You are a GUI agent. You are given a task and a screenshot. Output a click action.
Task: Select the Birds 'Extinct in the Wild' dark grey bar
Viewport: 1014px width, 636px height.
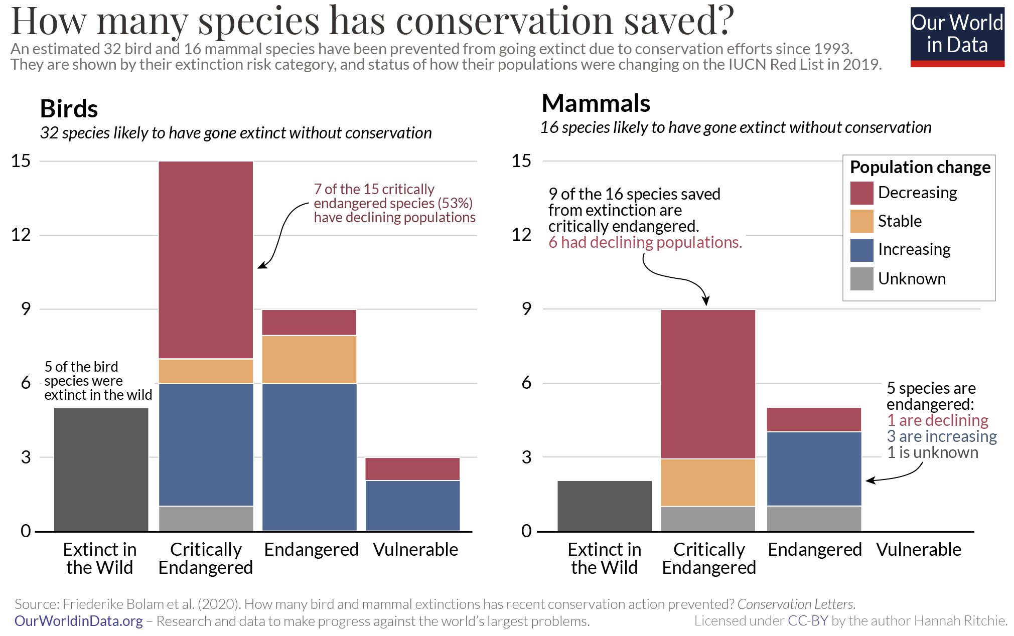pos(101,469)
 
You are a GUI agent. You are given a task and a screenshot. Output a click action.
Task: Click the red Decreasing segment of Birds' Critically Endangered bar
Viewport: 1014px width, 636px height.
pos(206,259)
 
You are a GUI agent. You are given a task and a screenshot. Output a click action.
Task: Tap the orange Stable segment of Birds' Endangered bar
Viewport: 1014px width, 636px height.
pos(309,359)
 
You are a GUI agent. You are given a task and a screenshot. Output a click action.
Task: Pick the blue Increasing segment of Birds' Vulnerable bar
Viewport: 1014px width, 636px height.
pos(412,505)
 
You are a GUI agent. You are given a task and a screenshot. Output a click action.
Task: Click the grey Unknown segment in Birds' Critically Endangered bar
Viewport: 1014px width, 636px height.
pos(206,518)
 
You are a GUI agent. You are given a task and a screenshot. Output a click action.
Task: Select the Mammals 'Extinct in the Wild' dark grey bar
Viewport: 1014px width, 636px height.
pos(604,506)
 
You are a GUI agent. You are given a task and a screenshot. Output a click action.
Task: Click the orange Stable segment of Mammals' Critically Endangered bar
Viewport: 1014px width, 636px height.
pos(707,482)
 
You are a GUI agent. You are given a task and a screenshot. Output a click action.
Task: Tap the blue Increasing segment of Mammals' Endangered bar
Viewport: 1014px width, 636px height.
pos(814,468)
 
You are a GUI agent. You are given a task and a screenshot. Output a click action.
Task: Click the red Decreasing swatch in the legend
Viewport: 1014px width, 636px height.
pos(861,193)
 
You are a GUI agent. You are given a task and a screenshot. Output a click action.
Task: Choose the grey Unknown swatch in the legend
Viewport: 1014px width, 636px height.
pos(861,279)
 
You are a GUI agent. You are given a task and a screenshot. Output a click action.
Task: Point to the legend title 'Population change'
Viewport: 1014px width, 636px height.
pos(920,167)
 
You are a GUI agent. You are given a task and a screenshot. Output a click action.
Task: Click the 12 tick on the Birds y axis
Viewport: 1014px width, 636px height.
pos(21,235)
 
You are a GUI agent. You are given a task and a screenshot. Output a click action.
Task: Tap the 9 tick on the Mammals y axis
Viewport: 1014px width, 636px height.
pos(526,309)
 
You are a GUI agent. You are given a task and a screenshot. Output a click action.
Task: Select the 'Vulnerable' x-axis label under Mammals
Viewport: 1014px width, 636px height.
pos(918,550)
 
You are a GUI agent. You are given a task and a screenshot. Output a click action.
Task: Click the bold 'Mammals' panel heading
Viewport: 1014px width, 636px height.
pos(596,104)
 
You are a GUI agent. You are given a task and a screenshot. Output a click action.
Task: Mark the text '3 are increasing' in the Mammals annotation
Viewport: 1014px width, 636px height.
pos(941,436)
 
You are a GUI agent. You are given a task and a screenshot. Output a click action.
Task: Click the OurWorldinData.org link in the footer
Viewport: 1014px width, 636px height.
pos(78,621)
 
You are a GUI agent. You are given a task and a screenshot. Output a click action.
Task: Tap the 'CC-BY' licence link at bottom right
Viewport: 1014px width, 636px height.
pos(807,621)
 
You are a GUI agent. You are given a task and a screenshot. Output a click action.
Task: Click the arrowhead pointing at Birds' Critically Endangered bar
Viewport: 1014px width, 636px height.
pos(261,266)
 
